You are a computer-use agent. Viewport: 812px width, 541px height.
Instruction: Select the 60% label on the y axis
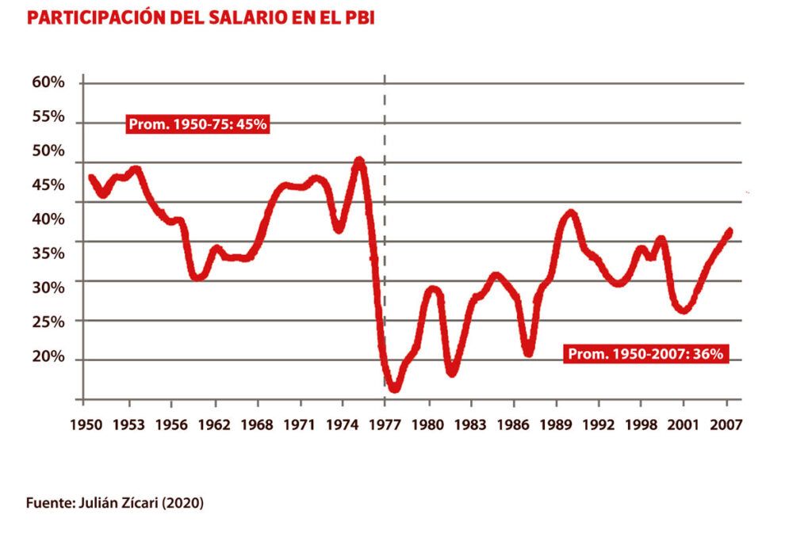48,82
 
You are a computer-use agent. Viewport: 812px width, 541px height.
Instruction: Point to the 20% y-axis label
48,356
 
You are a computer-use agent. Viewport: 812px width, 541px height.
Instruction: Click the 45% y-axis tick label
48,185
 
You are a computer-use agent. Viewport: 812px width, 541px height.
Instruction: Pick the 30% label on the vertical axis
48,288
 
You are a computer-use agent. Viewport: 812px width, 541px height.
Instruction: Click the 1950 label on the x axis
86,425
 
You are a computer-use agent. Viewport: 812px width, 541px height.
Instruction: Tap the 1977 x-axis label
385,425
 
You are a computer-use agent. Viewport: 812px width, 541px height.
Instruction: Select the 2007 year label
726,425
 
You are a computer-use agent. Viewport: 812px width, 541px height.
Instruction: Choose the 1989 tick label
556,425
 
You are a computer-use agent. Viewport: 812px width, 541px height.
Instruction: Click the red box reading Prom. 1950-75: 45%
198,124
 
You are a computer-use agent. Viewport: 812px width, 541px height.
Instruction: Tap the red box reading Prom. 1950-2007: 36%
645,354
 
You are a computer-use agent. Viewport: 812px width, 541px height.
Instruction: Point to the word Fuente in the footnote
49,502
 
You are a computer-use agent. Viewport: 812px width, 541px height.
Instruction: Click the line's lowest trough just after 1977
394,388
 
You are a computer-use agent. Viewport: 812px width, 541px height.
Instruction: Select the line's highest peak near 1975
358,162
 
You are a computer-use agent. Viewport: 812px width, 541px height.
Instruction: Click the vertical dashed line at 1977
385,238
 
